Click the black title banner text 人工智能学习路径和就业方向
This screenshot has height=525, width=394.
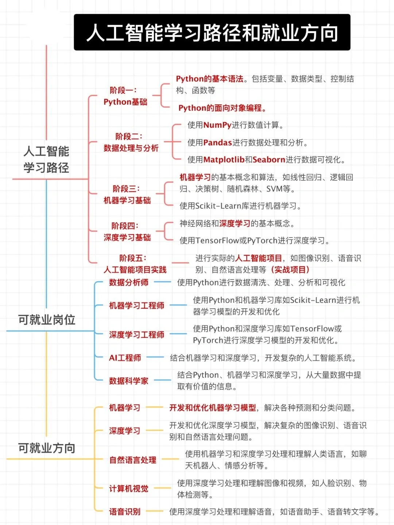point(212,33)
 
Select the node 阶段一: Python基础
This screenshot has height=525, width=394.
point(125,96)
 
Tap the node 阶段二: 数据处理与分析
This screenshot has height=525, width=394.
point(131,142)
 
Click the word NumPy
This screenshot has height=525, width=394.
point(217,125)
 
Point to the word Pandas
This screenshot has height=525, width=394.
point(217,143)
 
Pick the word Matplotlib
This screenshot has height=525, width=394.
point(224,160)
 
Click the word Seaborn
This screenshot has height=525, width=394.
point(269,160)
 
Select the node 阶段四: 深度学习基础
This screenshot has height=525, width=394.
point(127,232)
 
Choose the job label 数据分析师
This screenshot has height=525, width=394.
point(128,282)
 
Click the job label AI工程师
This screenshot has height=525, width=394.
point(125,358)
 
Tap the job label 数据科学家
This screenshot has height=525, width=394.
point(128,381)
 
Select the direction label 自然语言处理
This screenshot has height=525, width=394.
point(132,460)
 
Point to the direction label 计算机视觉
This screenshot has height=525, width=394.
point(128,489)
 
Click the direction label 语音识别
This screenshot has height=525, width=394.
point(124,512)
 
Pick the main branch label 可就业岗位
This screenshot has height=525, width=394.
point(47,320)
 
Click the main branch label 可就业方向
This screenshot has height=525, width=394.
point(47,448)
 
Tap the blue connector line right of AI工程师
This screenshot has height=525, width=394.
point(155,358)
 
